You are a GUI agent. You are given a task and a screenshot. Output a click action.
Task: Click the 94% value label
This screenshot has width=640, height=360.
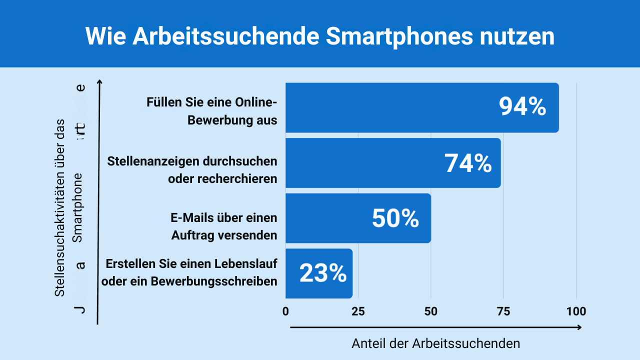[522, 107]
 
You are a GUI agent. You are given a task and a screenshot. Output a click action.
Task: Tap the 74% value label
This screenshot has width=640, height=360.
[468, 163]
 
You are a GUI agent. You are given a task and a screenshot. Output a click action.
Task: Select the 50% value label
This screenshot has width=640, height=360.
[395, 218]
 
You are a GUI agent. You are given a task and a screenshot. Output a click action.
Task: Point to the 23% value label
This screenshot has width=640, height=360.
[323, 273]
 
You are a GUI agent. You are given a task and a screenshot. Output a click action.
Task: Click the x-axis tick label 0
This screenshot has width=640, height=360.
[285, 311]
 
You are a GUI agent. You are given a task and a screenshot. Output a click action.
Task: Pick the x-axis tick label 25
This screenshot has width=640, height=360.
[358, 311]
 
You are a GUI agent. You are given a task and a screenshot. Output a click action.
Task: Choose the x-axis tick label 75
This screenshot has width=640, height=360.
[503, 311]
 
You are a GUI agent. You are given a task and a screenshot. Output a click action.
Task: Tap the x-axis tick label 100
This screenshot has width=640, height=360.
[576, 311]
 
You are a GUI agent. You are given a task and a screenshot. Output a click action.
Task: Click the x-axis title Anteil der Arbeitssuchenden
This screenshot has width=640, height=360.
[435, 343]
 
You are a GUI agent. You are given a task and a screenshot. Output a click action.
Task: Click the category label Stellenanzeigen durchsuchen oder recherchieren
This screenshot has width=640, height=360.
[192, 170]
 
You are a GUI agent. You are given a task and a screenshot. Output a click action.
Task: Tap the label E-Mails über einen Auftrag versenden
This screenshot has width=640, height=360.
[223, 226]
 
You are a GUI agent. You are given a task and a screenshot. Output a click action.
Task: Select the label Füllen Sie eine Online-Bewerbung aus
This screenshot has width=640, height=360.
[211, 111]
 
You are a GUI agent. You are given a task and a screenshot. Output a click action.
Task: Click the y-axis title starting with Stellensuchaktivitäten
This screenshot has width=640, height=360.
[60, 207]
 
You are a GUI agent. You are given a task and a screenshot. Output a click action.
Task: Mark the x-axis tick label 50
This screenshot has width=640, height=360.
[430, 311]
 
